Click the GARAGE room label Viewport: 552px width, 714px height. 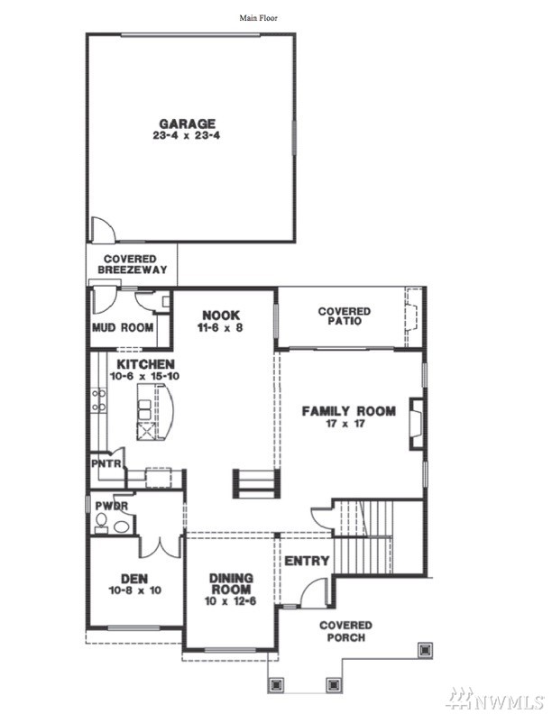(188, 124)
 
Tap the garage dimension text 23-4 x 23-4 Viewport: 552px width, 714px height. (187, 135)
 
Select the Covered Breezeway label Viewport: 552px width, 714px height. (132, 264)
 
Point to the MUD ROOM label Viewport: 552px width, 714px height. (123, 327)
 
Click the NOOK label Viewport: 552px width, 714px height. (221, 316)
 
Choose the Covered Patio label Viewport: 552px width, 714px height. (345, 316)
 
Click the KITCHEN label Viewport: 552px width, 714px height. (146, 364)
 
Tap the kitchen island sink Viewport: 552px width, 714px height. (144, 409)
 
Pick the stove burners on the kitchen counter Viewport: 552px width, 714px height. (98, 400)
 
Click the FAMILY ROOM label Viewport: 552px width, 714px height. (349, 411)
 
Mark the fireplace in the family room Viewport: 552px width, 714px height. (417, 424)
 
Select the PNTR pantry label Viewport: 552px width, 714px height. (106, 464)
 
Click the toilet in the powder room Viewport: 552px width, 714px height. (101, 523)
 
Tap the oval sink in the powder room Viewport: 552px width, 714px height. (121, 526)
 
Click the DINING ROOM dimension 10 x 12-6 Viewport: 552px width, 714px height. (231, 601)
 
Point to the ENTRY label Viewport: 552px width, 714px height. (307, 561)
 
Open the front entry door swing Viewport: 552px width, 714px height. (314, 592)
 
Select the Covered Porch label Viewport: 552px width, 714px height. (345, 631)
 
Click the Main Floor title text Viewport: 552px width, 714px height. (258, 18)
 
